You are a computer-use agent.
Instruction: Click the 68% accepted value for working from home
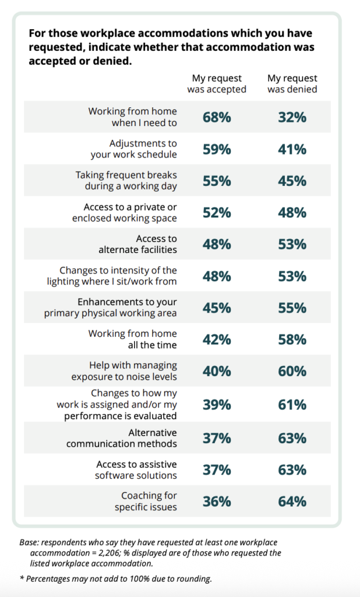(217, 117)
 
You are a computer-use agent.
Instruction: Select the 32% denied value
(292, 117)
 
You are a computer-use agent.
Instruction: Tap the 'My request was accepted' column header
(217, 84)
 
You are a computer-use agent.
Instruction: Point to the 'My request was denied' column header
(292, 84)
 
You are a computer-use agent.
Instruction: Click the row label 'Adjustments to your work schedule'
(134, 149)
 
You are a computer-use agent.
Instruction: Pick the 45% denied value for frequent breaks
(292, 181)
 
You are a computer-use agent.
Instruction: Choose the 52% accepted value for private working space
(217, 213)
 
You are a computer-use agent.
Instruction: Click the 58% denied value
(292, 339)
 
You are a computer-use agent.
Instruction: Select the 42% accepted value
(217, 339)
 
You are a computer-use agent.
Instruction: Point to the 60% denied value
(292, 371)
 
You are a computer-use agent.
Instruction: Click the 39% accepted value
(217, 405)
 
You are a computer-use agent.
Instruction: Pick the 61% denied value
(292, 405)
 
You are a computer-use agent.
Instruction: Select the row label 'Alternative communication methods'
(122, 438)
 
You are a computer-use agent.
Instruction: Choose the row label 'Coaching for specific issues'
(146, 501)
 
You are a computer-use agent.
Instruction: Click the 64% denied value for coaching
(292, 501)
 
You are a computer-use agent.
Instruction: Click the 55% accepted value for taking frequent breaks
(217, 181)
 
